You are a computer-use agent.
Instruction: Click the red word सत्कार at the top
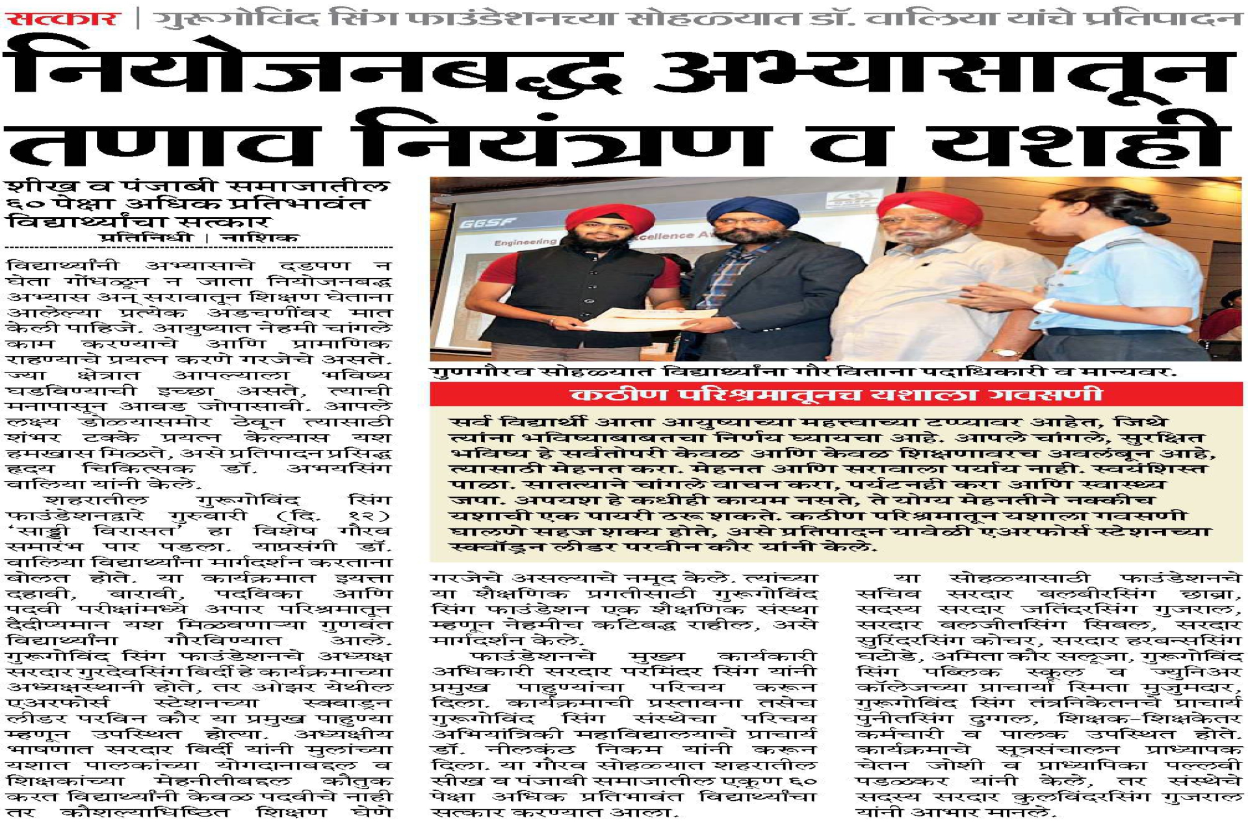63,18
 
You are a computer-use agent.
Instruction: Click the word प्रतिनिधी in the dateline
146,238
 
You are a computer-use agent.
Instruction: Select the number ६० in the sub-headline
22,204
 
